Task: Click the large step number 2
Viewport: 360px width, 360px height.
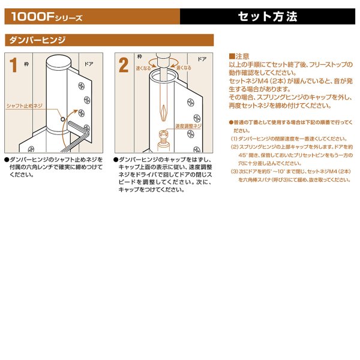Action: pyautogui.click(x=124, y=66)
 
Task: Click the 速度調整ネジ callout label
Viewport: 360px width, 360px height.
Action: pyautogui.click(x=188, y=126)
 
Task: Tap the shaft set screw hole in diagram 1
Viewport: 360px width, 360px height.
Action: pyautogui.click(x=62, y=119)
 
